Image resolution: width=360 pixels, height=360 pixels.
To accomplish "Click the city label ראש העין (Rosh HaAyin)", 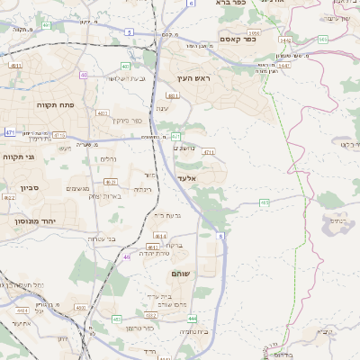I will (x=193, y=79).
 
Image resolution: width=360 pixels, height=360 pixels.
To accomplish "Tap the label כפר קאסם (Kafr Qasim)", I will (x=238, y=40).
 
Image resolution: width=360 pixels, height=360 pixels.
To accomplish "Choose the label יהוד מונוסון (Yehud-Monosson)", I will (x=35, y=220).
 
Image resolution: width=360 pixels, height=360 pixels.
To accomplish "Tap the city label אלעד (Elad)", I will (x=186, y=179).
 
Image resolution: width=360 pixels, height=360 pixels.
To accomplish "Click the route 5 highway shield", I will (x=129, y=32).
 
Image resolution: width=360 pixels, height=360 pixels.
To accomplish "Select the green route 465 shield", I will (x=264, y=202).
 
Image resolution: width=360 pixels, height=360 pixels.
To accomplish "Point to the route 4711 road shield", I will (x=208, y=153).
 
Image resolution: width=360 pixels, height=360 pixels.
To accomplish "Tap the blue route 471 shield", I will (x=10, y=132).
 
